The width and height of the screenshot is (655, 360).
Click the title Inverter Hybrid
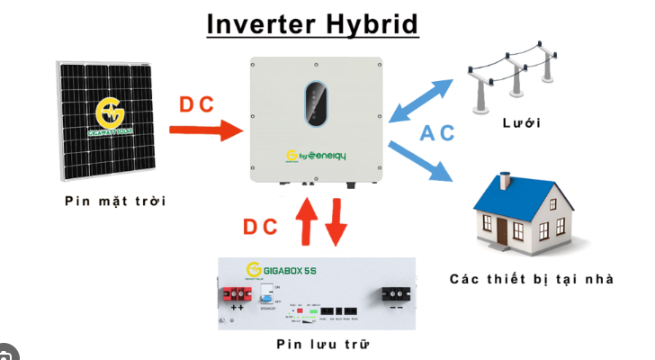coord(312,23)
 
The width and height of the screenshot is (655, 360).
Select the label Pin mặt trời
coord(115,200)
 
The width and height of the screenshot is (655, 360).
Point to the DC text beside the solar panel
coord(196,104)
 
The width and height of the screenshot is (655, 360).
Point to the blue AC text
coord(437,133)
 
